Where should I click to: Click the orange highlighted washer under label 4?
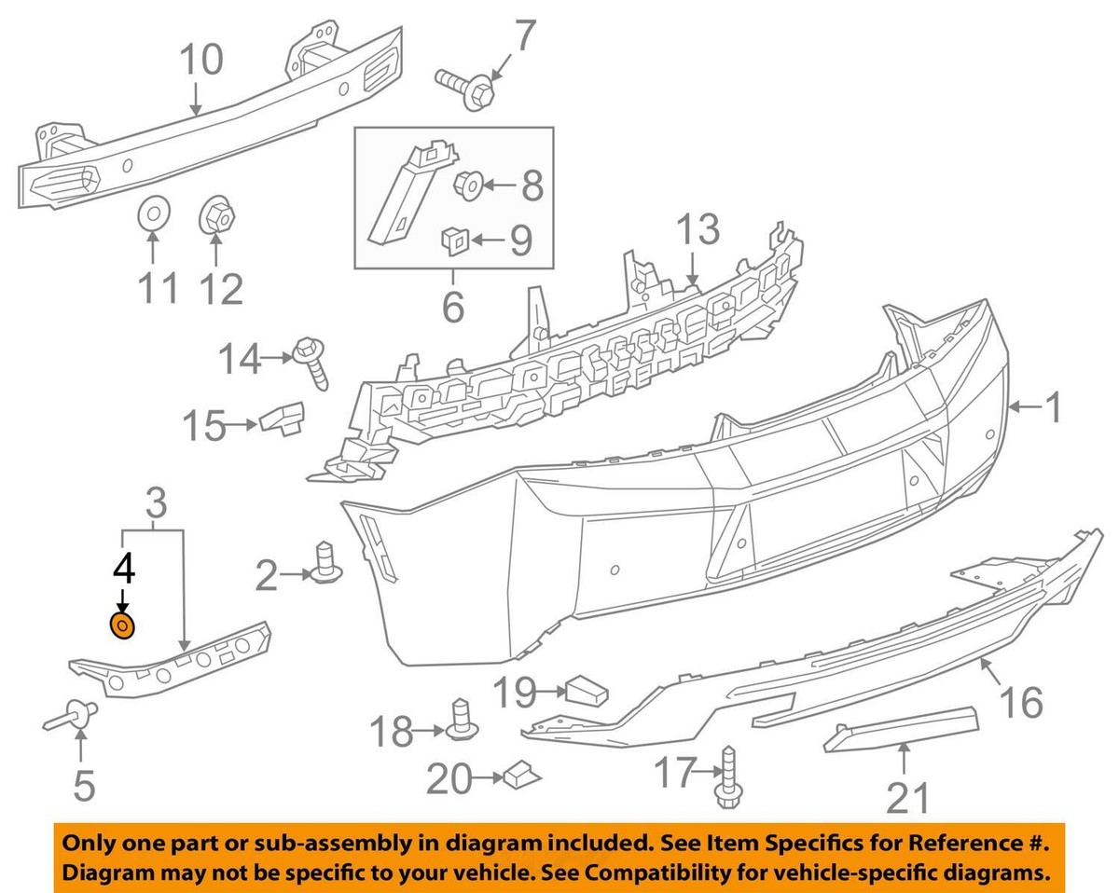tap(122, 626)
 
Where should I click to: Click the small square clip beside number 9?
tap(453, 240)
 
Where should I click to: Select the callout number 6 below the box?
tap(452, 305)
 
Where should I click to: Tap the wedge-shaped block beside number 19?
tap(586, 691)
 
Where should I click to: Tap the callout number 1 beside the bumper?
tap(1051, 407)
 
